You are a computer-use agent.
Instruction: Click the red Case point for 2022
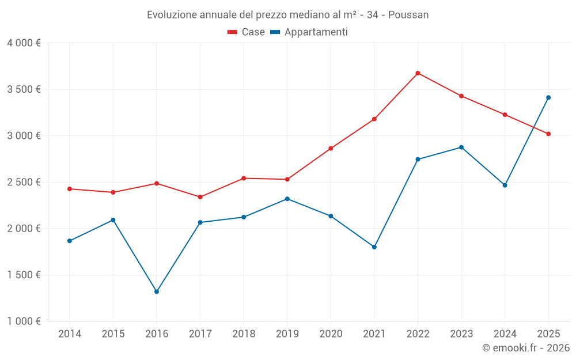coord(418,73)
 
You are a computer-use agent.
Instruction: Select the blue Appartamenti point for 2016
coord(157,291)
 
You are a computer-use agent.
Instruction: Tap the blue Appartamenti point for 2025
coord(548,97)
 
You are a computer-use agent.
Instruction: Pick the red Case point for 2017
coord(200,197)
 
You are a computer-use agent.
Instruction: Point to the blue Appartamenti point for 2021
coord(374,247)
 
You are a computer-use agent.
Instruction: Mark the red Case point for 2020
coord(331,149)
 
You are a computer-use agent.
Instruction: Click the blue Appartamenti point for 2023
coord(461,147)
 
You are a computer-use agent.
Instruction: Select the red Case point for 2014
coord(70,189)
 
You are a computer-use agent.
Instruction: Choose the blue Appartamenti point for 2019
coord(287,199)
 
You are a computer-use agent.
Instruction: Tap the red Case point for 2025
coord(548,134)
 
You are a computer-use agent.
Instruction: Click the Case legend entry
coord(247,32)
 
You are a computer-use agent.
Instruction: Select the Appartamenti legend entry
coord(309,32)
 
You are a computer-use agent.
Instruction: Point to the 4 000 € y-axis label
coord(24,43)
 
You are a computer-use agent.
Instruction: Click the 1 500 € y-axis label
coord(24,275)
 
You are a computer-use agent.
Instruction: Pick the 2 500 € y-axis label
coord(24,182)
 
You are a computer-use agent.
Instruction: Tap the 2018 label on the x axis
coord(244,334)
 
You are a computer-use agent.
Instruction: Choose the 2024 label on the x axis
coord(505,334)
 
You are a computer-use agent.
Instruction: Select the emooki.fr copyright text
coord(525,348)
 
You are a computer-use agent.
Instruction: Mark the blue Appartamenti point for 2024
coord(505,185)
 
